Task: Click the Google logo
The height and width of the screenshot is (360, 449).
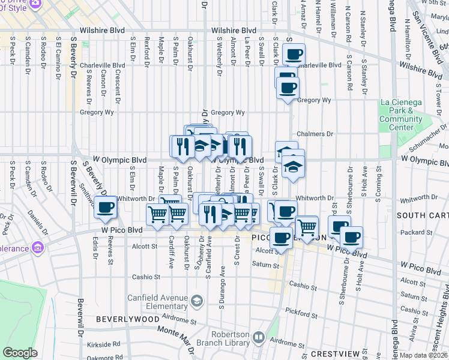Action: [x=20, y=353]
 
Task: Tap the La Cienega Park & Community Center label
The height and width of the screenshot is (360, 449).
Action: [x=401, y=115]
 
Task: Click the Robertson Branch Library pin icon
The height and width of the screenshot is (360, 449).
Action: [x=259, y=338]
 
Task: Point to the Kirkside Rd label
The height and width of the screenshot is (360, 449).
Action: [x=103, y=345]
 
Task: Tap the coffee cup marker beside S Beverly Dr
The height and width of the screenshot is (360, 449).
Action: [x=106, y=208]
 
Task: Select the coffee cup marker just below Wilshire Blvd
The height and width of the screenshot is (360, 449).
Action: [x=294, y=55]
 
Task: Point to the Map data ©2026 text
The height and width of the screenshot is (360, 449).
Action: [x=424, y=355]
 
